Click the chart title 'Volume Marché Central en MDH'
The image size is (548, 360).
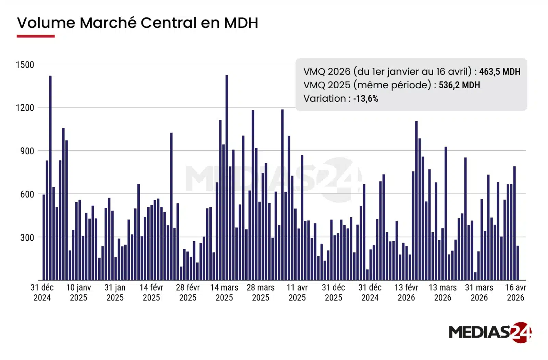137,23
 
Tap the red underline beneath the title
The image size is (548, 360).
36,36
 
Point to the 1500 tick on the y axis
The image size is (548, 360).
25,65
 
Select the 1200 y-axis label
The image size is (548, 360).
25,108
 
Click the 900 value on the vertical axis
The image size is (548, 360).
27,151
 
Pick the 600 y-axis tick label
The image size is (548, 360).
27,194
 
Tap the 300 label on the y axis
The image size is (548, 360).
27,237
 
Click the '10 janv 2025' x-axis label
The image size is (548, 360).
78,293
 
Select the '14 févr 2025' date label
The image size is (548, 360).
151,293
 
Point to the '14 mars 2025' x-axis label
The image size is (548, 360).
224,293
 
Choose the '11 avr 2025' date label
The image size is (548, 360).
297,293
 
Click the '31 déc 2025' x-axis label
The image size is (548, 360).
334,293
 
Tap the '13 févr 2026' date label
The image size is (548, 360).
406,293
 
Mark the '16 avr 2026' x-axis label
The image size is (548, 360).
515,293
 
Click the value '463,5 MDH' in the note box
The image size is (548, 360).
500,72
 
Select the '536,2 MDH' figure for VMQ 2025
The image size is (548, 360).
459,85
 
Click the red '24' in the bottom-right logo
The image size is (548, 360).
521,332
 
